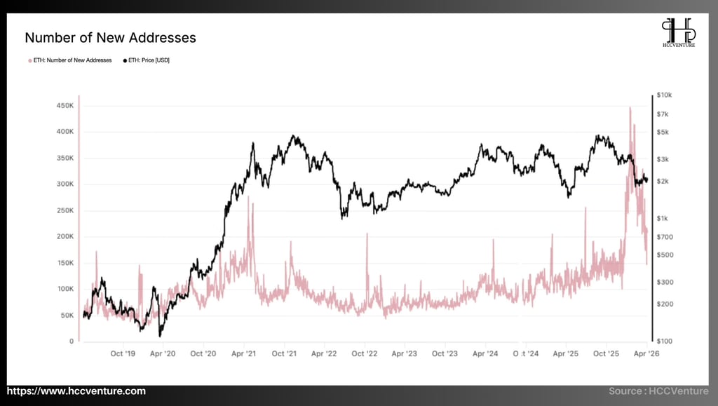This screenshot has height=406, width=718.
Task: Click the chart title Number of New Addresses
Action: (110, 38)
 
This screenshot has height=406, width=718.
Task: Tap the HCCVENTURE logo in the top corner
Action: (679, 34)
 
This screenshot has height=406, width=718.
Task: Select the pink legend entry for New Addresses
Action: (69, 60)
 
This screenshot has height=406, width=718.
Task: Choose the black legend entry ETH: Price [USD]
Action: (147, 60)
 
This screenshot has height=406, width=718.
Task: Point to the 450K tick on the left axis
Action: (65, 105)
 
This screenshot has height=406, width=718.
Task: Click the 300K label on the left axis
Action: (65, 184)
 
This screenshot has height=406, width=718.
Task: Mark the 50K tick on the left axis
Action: (67, 316)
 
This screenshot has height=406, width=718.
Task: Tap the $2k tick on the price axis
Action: (663, 181)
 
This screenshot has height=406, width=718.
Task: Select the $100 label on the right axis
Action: (665, 341)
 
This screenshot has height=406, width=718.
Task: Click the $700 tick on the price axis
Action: (665, 237)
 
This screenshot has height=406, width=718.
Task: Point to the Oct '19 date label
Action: (123, 355)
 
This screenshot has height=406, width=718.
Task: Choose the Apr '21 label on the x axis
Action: (243, 355)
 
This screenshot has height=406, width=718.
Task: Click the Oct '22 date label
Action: (365, 355)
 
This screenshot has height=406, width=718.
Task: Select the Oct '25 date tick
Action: (606, 355)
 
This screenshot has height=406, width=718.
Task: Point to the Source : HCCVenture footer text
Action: (658, 391)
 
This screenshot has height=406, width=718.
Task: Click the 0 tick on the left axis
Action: (72, 341)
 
